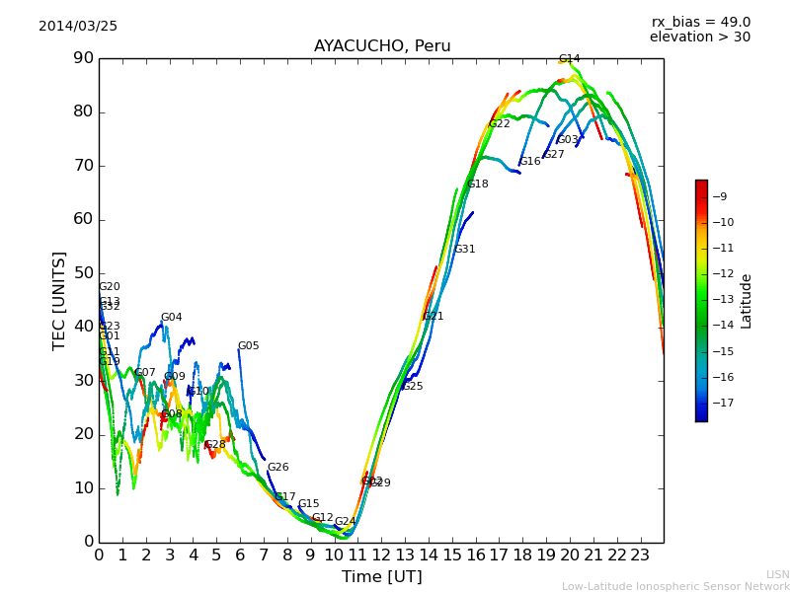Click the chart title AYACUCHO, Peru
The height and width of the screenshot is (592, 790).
[x=382, y=46]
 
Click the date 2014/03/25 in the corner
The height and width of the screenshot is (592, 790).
[x=78, y=27]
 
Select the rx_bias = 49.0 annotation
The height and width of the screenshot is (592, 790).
[x=701, y=22]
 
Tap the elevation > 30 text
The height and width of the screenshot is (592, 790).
[x=700, y=37]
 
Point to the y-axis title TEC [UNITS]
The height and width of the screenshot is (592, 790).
[x=60, y=300]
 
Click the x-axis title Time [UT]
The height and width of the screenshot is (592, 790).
[x=382, y=577]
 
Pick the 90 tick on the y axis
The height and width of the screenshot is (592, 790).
[x=82, y=58]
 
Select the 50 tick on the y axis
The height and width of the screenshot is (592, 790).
[x=82, y=273]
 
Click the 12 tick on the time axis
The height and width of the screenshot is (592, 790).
[x=381, y=555]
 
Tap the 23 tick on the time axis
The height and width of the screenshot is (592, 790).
[x=640, y=555]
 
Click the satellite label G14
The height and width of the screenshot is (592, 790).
[x=569, y=59]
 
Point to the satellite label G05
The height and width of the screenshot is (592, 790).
[x=248, y=346]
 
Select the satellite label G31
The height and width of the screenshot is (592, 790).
[x=464, y=250]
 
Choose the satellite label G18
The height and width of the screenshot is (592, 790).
[x=477, y=185]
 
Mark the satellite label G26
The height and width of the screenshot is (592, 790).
[x=277, y=468]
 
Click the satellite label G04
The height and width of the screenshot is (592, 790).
[x=171, y=318]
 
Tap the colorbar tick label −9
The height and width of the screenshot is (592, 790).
[x=721, y=196]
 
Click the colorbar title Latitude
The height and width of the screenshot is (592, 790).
[x=747, y=301]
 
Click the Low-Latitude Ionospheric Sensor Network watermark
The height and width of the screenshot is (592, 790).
[x=675, y=587]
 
